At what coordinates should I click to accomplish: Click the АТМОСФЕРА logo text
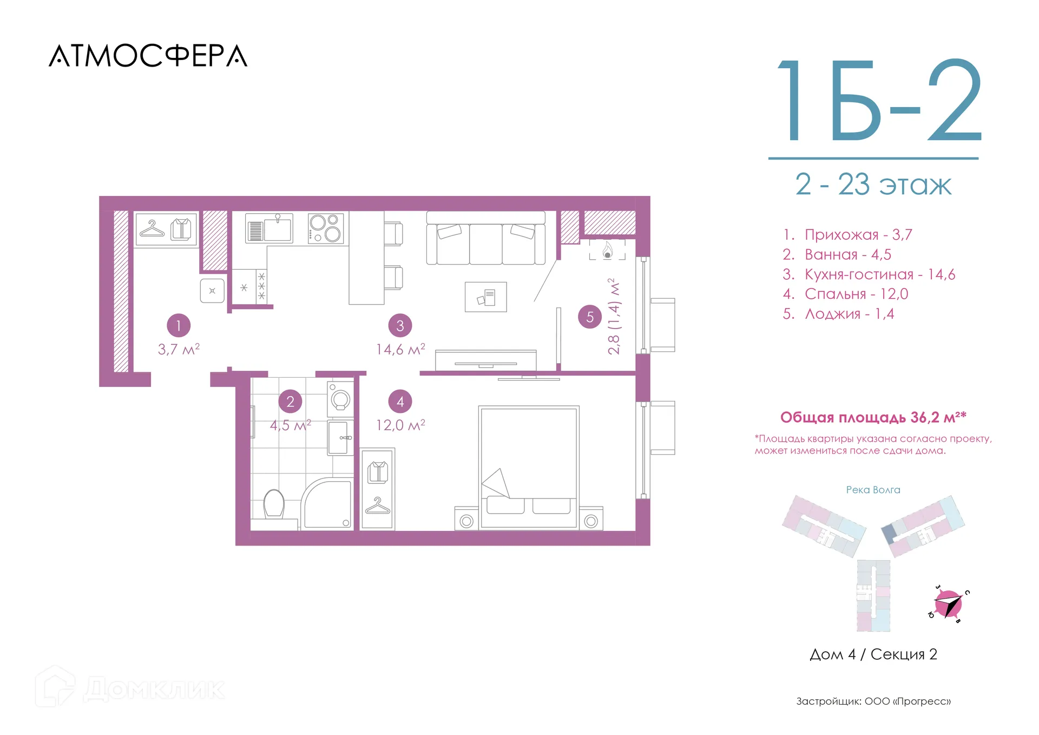(148, 56)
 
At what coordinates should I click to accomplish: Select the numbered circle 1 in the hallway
(179, 325)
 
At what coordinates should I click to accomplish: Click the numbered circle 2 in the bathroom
(290, 402)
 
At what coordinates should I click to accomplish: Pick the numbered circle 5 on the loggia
(590, 317)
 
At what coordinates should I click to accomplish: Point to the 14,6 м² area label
(400, 349)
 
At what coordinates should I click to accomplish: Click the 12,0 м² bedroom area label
(400, 425)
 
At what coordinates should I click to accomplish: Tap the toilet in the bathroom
(274, 504)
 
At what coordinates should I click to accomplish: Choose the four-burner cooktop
(326, 228)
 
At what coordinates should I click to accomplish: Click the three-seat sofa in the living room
(485, 238)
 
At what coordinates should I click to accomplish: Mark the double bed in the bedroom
(529, 468)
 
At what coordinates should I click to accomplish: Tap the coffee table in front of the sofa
(486, 297)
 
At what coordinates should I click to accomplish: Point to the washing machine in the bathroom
(340, 399)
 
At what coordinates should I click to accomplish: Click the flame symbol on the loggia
(608, 250)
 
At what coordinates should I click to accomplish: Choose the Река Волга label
(873, 490)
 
